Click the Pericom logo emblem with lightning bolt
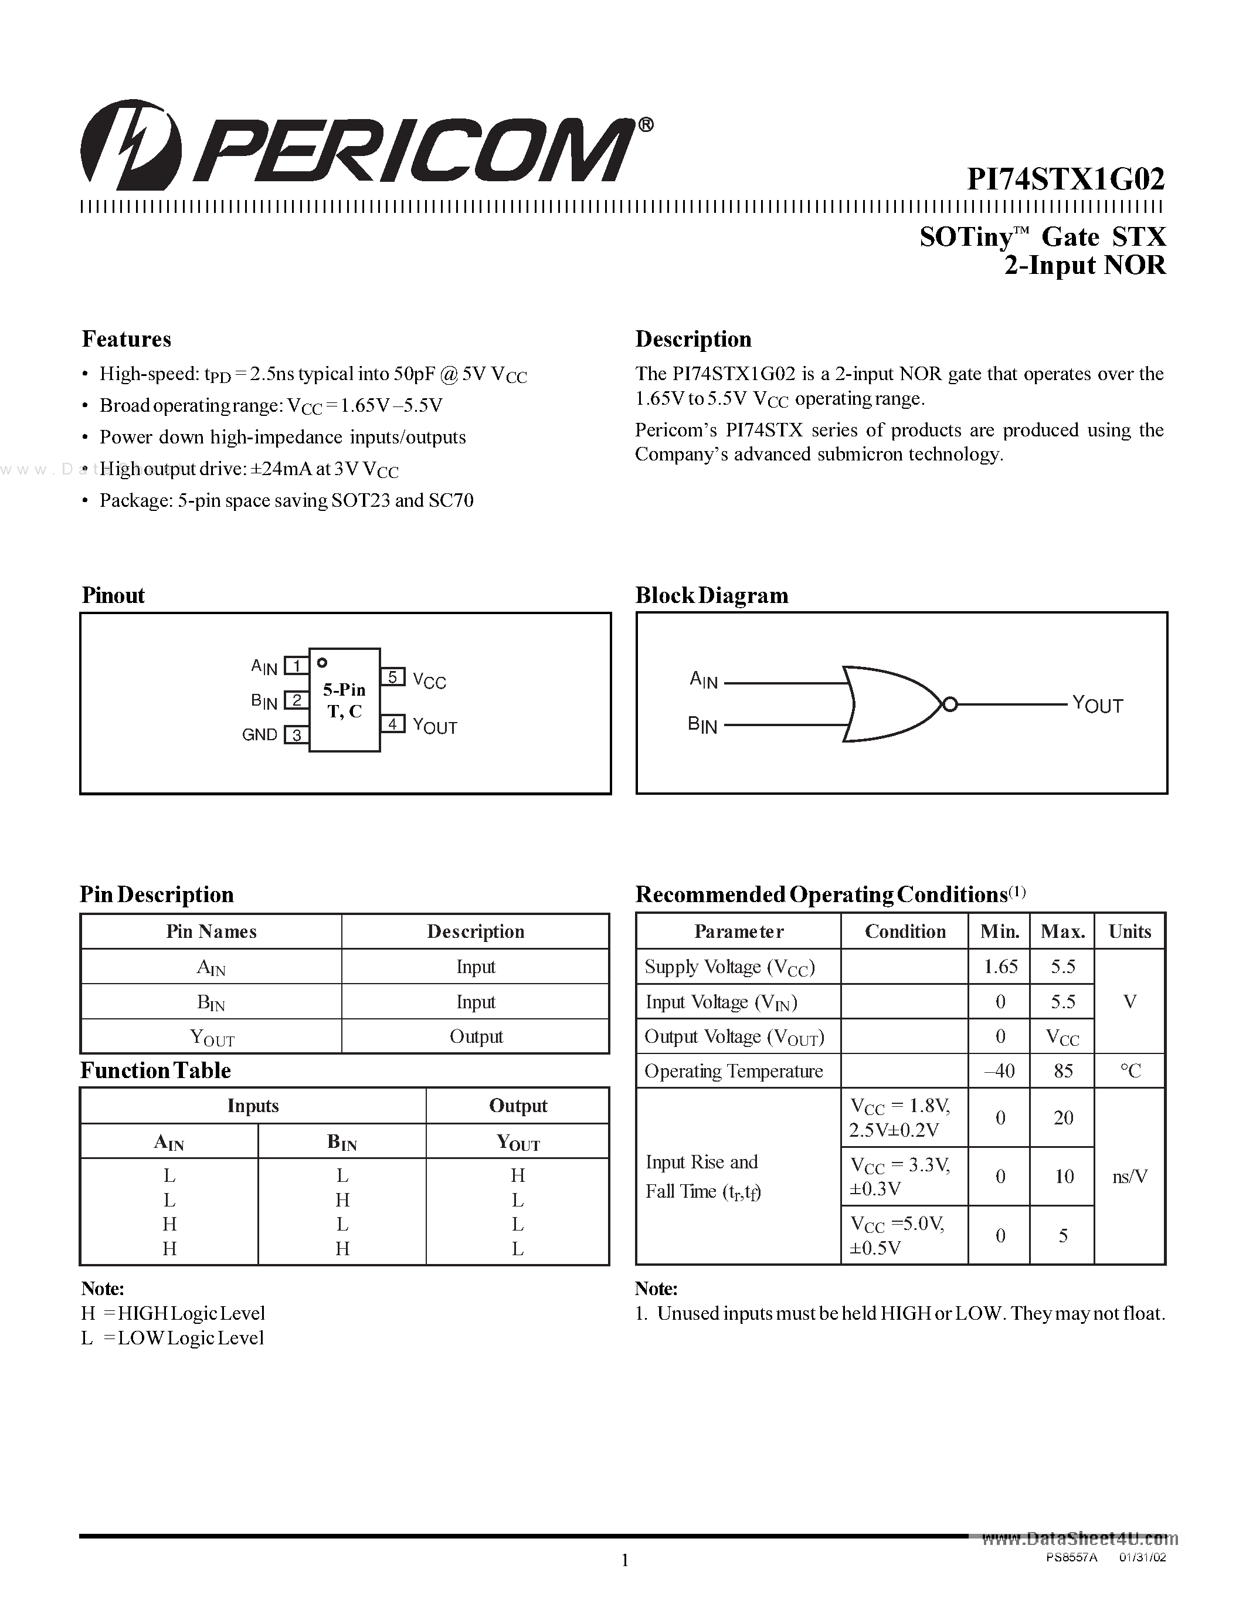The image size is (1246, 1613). tap(131, 145)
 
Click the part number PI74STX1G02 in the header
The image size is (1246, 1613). tap(1066, 179)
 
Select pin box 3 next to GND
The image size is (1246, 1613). tap(296, 735)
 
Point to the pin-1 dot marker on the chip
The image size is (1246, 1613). tap(322, 662)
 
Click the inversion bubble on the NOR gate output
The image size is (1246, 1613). tap(950, 704)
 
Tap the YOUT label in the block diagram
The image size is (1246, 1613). tap(1097, 704)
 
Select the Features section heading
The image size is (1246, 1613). tap(126, 339)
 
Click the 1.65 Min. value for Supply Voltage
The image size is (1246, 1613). tap(1000, 967)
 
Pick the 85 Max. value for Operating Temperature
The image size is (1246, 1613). tap(1063, 1071)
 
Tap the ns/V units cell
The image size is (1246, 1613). tap(1129, 1177)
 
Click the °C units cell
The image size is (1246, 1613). tap(1129, 1071)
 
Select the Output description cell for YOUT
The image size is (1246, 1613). tap(476, 1037)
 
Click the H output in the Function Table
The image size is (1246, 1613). tap(517, 1175)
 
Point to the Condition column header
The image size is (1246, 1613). tap(905, 931)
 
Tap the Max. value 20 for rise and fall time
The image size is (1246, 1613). tap(1063, 1117)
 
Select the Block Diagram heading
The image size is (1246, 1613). tap(712, 595)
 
